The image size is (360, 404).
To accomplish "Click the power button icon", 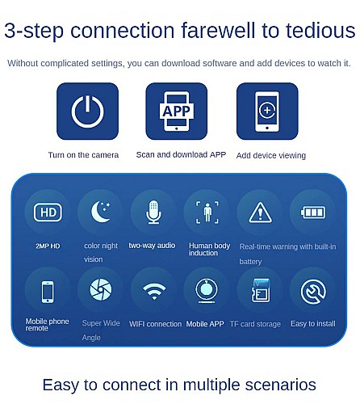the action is click(87, 121).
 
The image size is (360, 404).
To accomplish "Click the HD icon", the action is click(48, 213).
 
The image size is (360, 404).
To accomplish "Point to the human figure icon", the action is click(207, 213).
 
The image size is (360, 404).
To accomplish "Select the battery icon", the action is click(313, 213).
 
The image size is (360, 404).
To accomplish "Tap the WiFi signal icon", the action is click(154, 288).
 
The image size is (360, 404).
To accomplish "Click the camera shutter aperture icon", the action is click(101, 289).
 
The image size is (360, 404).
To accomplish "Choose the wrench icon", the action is click(313, 292).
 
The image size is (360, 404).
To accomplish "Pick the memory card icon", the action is click(261, 290).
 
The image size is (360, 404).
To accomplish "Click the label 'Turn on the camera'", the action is click(83, 155).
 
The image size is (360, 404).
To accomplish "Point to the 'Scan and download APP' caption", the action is click(181, 154).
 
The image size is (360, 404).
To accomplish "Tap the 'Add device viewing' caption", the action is click(271, 155).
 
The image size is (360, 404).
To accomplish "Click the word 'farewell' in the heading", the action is click(218, 30).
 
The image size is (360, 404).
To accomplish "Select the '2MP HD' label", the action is click(48, 246).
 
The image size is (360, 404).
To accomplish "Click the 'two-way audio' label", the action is click(152, 246).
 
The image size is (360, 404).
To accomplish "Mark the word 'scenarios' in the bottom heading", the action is click(281, 385).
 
